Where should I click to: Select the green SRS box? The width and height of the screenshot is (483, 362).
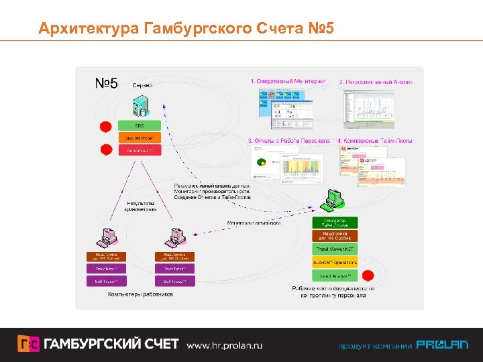(x=140, y=125)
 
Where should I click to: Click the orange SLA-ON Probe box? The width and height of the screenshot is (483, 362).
(x=140, y=138)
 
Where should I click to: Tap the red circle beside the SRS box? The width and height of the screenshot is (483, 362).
(x=105, y=127)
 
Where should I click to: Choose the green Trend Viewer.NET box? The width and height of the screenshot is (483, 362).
(x=335, y=249)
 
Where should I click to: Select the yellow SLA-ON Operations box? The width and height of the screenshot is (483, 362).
(x=335, y=262)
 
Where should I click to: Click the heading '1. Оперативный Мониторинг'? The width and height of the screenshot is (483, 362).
(x=288, y=82)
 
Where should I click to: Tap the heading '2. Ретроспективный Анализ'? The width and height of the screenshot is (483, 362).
(x=376, y=82)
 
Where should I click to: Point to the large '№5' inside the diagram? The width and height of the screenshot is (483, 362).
(x=105, y=83)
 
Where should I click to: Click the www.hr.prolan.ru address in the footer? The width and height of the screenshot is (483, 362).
(x=224, y=345)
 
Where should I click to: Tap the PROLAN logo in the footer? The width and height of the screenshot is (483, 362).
(x=442, y=345)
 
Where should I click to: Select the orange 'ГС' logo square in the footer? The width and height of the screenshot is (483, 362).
(x=28, y=344)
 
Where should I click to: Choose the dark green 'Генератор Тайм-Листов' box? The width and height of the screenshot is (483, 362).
(x=335, y=223)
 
